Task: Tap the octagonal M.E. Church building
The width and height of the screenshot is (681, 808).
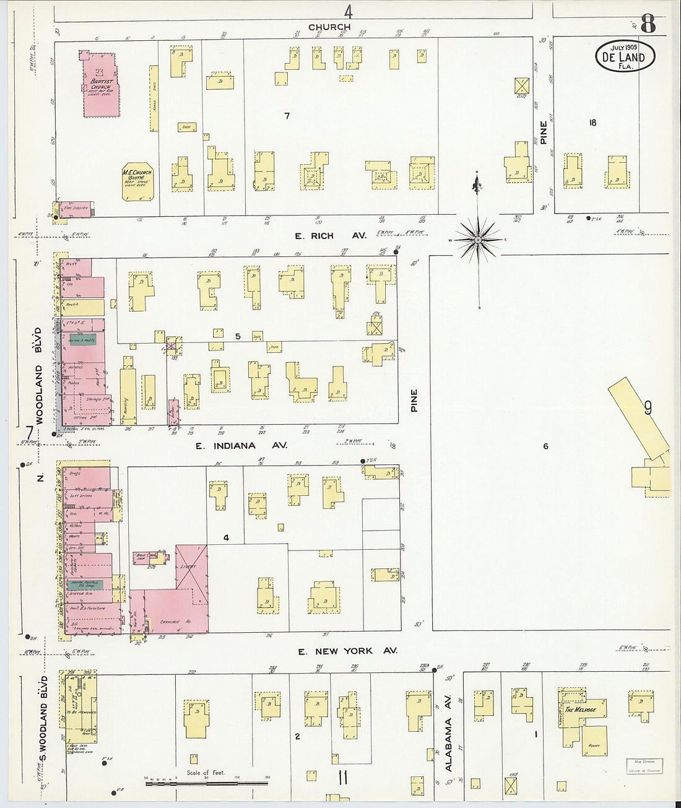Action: pos(137,181)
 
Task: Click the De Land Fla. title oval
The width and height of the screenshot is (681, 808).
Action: pos(625,57)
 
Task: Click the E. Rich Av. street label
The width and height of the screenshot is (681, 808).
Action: pos(330,236)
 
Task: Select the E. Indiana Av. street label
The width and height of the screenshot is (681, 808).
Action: pos(241,445)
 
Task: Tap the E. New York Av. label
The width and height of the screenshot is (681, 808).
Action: pos(347,651)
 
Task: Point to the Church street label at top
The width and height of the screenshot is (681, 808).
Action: pos(329,27)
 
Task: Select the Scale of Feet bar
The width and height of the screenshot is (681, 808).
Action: pos(207,783)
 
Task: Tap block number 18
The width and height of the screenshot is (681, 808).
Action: pos(592,123)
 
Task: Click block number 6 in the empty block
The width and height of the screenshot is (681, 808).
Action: pos(545,446)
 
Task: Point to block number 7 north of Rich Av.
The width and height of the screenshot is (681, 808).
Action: pos(287,116)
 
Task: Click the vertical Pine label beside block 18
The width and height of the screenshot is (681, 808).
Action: pos(543,132)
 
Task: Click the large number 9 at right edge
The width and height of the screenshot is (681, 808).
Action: pos(648,408)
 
